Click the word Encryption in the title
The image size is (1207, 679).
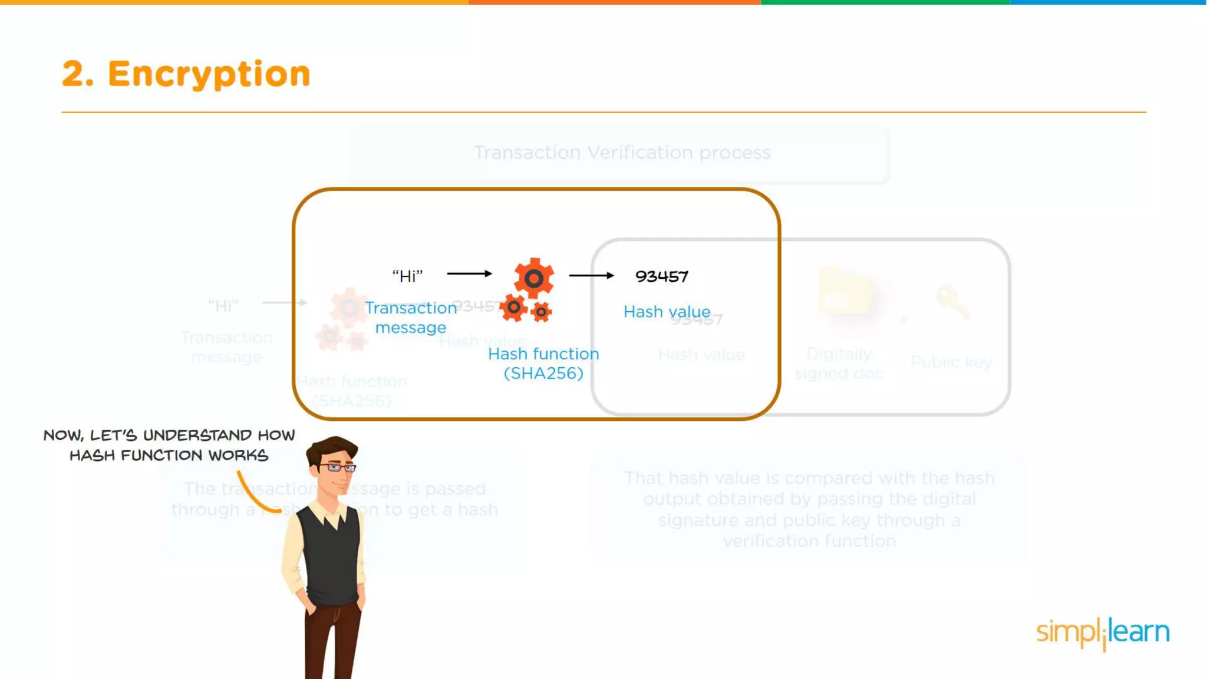point(209,74)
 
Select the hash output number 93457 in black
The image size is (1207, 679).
point(661,276)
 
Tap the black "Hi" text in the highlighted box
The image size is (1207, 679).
point(407,276)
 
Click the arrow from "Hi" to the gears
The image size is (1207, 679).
point(469,273)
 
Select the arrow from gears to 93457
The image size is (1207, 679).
point(591,275)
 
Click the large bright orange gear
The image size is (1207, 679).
point(533,278)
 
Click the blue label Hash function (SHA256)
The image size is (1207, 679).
point(543,363)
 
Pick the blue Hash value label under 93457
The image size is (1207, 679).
point(667,311)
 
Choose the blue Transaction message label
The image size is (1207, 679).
point(411,317)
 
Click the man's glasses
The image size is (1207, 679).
point(337,468)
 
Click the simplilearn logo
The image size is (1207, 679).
point(1103,632)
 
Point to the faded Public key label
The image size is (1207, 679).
point(951,362)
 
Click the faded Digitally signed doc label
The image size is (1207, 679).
point(839,363)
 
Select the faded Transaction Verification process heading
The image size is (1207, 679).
point(622,153)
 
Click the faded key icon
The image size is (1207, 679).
point(952,301)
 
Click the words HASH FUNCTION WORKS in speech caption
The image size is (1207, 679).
point(169,456)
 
